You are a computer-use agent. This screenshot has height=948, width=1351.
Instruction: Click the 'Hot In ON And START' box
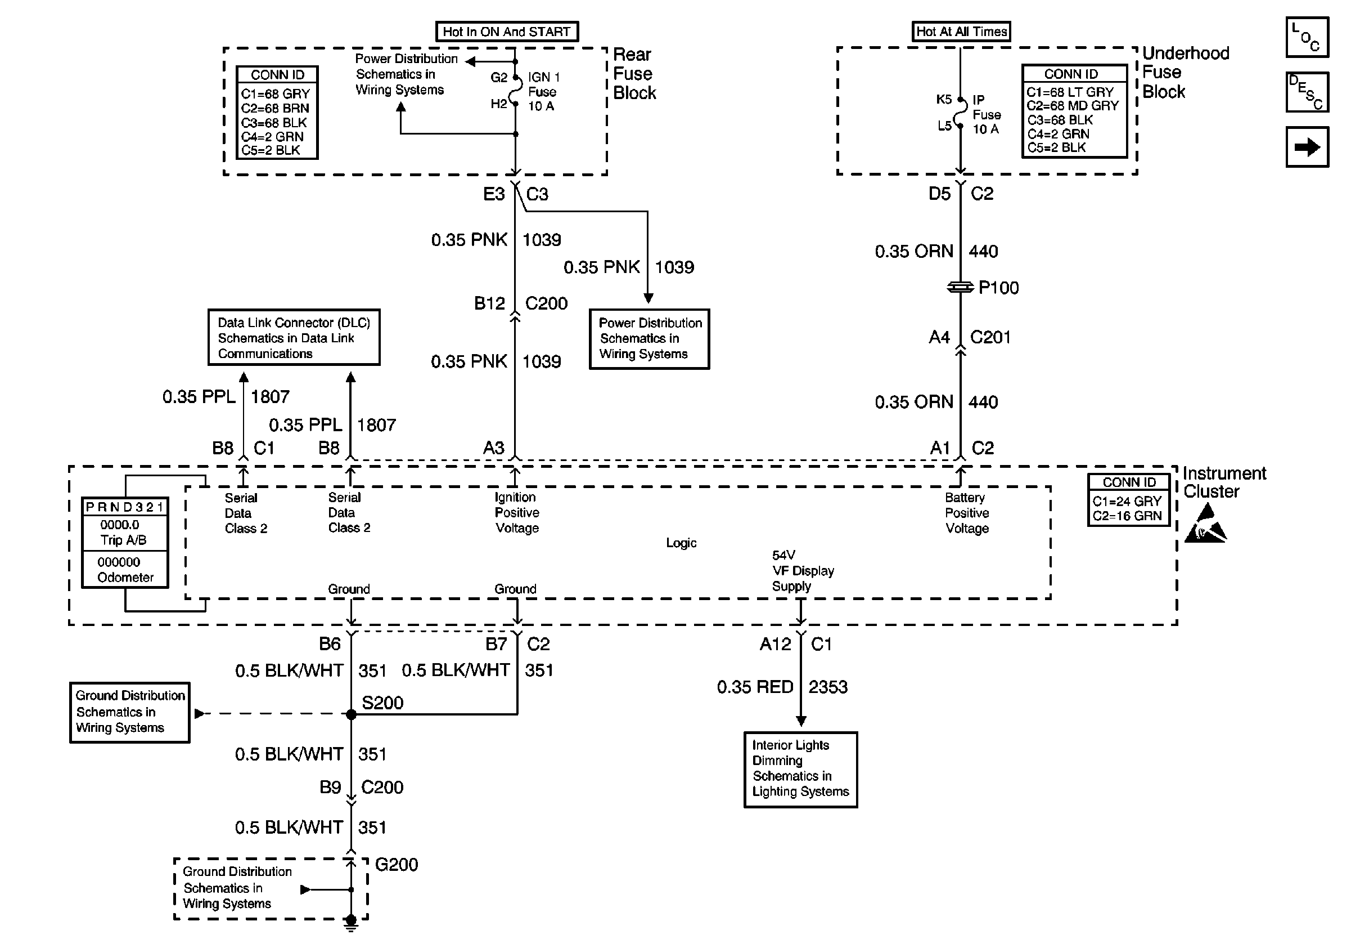(x=507, y=31)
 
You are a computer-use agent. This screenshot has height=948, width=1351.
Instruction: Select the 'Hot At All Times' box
(x=961, y=31)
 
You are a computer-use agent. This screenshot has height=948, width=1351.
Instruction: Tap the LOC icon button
(x=1307, y=37)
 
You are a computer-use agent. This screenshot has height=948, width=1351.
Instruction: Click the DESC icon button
(x=1307, y=92)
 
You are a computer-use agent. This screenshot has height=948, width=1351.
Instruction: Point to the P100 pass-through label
(x=998, y=287)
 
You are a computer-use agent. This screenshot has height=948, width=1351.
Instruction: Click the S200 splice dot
(x=352, y=714)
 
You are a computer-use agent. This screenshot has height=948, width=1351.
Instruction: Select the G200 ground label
(x=397, y=864)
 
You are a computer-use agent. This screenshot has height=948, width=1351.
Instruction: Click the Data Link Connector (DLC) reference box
(x=294, y=337)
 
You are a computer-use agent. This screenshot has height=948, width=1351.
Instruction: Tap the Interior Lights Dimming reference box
(x=800, y=770)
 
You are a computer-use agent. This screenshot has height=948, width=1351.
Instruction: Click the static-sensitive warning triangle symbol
(x=1205, y=524)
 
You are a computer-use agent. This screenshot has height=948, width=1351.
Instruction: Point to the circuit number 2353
(x=828, y=687)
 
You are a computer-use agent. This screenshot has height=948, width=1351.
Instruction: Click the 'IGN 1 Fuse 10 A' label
(x=543, y=91)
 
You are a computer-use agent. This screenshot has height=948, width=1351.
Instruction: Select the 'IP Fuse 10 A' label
(x=986, y=114)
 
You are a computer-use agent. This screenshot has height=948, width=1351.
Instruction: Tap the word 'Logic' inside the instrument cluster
(x=681, y=543)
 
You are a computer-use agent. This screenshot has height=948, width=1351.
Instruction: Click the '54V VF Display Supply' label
(x=803, y=571)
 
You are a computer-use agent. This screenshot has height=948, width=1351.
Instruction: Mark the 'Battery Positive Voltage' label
(x=967, y=513)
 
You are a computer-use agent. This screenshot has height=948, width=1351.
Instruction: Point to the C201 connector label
(x=990, y=337)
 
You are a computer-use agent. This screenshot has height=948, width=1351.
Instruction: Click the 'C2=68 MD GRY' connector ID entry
(x=1073, y=106)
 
